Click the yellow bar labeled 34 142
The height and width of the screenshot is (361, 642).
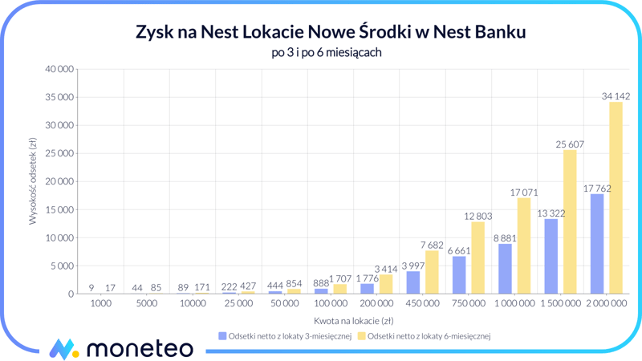[x=616, y=198]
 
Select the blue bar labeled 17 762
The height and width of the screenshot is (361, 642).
[x=597, y=244]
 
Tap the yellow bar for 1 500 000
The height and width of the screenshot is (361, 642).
[x=570, y=222]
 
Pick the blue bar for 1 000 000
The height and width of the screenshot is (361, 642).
[x=505, y=269]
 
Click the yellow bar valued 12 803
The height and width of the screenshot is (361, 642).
[x=477, y=258]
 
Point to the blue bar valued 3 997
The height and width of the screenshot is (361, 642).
[x=413, y=282]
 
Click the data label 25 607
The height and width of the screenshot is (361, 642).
[x=570, y=144]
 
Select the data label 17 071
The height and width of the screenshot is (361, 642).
[x=524, y=193]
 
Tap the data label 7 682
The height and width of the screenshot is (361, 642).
[x=433, y=245]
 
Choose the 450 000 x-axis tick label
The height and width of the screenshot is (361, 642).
[x=422, y=304]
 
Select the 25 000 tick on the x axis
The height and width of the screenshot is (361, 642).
[x=238, y=304]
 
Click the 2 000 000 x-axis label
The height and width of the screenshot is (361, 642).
[x=607, y=304]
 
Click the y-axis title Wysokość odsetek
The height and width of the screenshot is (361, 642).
[x=33, y=181]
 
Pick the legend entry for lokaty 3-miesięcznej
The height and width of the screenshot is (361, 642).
[x=285, y=336]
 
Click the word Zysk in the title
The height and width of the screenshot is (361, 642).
[x=156, y=33]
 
